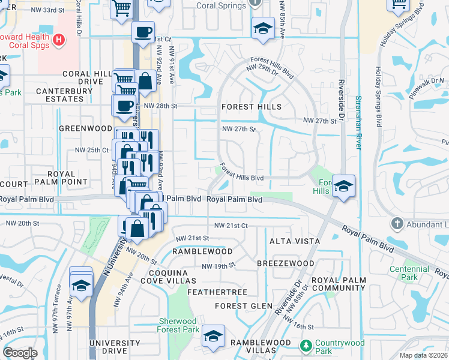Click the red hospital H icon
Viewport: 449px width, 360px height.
click(58, 41)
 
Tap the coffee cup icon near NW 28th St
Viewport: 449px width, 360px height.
click(124, 105)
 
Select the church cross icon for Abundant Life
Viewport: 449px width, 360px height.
click(396, 224)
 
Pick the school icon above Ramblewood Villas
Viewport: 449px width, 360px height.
click(212, 336)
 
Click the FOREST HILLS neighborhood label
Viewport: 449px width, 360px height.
click(251, 107)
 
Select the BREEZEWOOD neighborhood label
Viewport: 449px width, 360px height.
click(285, 263)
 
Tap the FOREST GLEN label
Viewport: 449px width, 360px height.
click(240, 306)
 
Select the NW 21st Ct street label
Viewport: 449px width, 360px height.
click(231, 226)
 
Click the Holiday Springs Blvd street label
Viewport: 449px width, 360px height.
click(379, 96)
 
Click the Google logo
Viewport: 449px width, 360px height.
click(19, 353)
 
